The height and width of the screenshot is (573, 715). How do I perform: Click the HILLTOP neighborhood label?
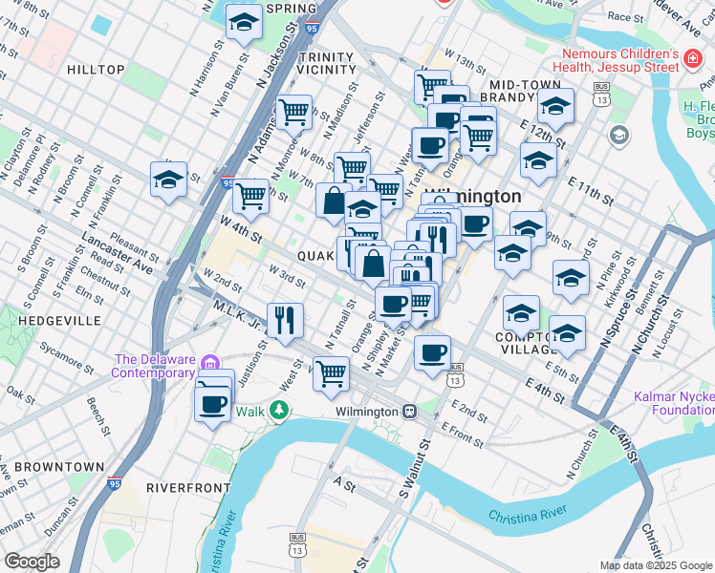pyautogui.click(x=96, y=70)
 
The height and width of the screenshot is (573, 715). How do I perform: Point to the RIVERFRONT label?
pyautogui.click(x=188, y=487)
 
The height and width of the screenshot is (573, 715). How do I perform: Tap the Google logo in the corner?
pyautogui.click(x=32, y=562)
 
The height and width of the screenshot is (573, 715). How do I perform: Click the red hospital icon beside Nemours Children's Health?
pyautogui.click(x=691, y=61)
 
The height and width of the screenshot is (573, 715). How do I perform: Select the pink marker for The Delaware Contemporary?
pyautogui.click(x=212, y=361)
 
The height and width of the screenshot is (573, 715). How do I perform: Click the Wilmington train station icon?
pyautogui.click(x=409, y=412)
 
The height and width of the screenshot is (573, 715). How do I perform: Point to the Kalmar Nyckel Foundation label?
pyautogui.click(x=674, y=403)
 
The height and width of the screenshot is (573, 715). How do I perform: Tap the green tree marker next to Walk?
pyautogui.click(x=278, y=411)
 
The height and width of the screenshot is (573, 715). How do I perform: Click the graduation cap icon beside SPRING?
pyautogui.click(x=243, y=22)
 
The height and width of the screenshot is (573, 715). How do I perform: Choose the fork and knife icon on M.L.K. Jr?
pyautogui.click(x=284, y=320)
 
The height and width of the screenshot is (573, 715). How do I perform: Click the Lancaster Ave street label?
pyautogui.click(x=117, y=251)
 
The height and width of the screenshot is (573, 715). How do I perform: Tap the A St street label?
pyautogui.click(x=344, y=484)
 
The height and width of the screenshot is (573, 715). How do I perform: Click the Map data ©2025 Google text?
pyautogui.click(x=655, y=565)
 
